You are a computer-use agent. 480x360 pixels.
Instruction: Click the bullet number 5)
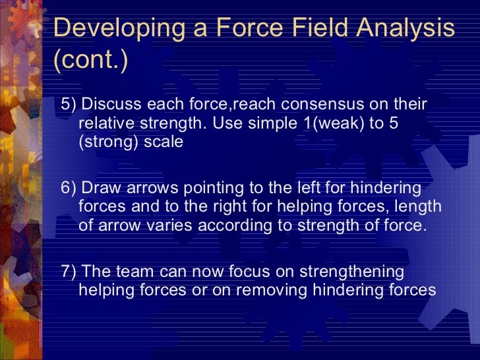tap(69, 105)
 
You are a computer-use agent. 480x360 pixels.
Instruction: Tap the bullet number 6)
tap(69, 188)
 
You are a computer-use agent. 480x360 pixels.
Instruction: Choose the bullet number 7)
tap(69, 272)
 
